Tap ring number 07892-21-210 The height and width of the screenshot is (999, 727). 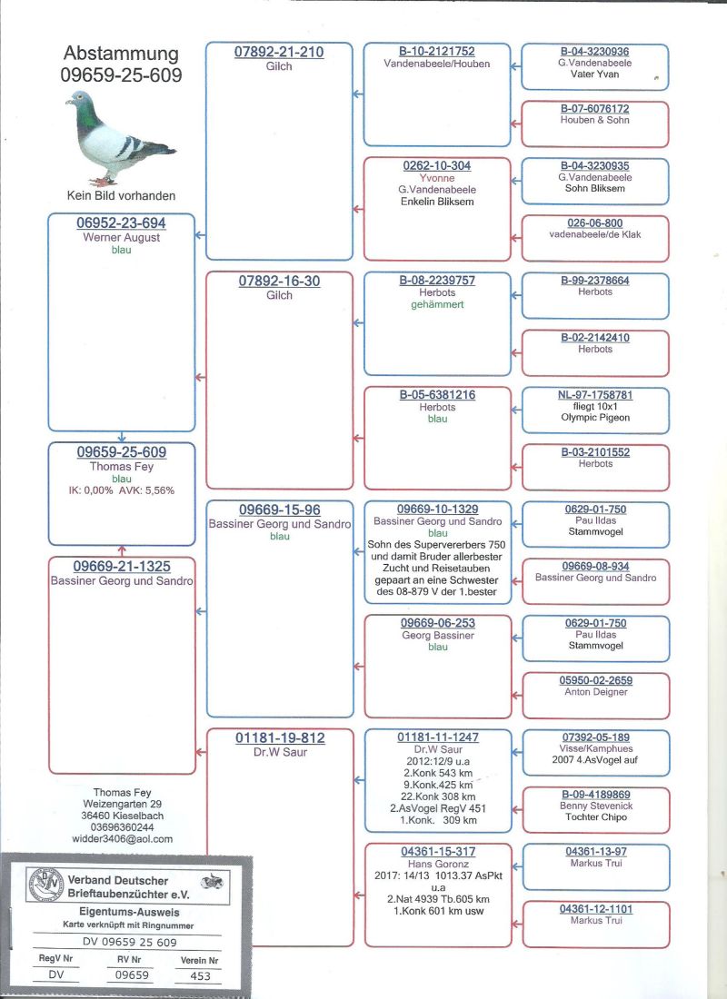coord(279,53)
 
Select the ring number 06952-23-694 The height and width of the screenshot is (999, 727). coord(121,223)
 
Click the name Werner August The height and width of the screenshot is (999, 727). coord(121,237)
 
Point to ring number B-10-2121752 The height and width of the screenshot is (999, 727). coord(437,53)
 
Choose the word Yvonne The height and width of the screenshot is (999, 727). coord(437,178)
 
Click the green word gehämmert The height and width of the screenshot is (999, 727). coord(437,304)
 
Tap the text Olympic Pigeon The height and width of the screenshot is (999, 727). coord(595,418)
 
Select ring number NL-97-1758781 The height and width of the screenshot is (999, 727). coord(595,395)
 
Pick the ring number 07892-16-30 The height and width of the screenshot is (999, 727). coord(279,282)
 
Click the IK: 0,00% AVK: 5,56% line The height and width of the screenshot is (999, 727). coord(121,490)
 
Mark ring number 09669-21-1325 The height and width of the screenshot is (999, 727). coord(122,567)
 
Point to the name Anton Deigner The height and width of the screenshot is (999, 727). coord(595,692)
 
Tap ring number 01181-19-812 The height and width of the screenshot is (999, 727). coord(279,738)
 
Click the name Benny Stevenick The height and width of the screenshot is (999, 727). coord(595,806)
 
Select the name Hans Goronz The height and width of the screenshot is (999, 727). coord(437,864)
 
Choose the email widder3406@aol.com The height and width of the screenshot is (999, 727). coord(122,839)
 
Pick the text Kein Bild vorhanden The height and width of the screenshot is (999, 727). coord(121,195)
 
